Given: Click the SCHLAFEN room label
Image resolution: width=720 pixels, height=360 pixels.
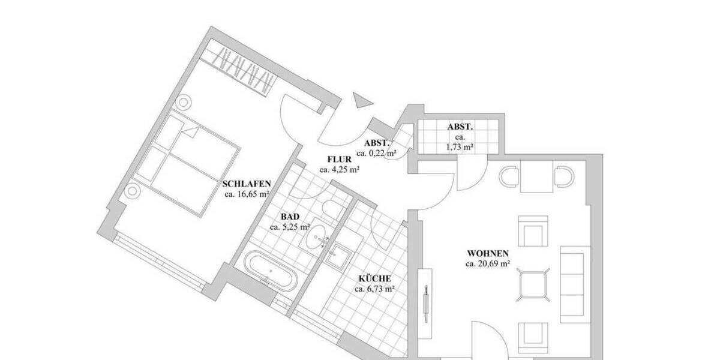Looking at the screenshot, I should pos(247,184).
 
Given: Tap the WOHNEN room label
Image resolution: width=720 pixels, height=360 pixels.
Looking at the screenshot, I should pos(488,253).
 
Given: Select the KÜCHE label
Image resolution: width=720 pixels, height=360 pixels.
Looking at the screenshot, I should pos(375,279).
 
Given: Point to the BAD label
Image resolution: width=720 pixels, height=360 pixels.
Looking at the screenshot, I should pos(290,217).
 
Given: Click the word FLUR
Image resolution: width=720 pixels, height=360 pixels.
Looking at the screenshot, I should pos(339,160).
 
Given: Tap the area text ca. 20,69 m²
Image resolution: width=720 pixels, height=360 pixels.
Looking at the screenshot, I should pos(488,263).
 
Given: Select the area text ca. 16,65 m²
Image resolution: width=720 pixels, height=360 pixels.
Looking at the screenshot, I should pos(246,194).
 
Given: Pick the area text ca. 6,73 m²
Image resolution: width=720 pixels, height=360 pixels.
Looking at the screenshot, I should pos(374,289).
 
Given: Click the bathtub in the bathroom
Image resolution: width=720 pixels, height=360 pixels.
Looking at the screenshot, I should pos(271,271).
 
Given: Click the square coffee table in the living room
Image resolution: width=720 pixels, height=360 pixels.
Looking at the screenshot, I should pos(533,283).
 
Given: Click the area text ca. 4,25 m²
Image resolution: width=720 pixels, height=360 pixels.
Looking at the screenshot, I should pos(339,170).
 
